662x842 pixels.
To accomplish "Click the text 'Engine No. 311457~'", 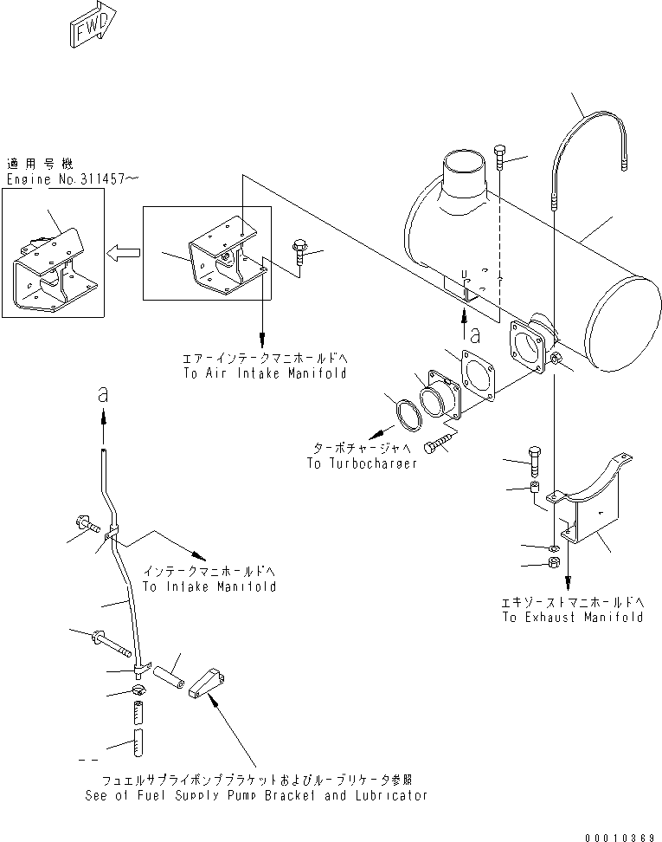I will tap(73, 179).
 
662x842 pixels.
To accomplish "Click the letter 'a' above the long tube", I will tap(104, 394).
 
